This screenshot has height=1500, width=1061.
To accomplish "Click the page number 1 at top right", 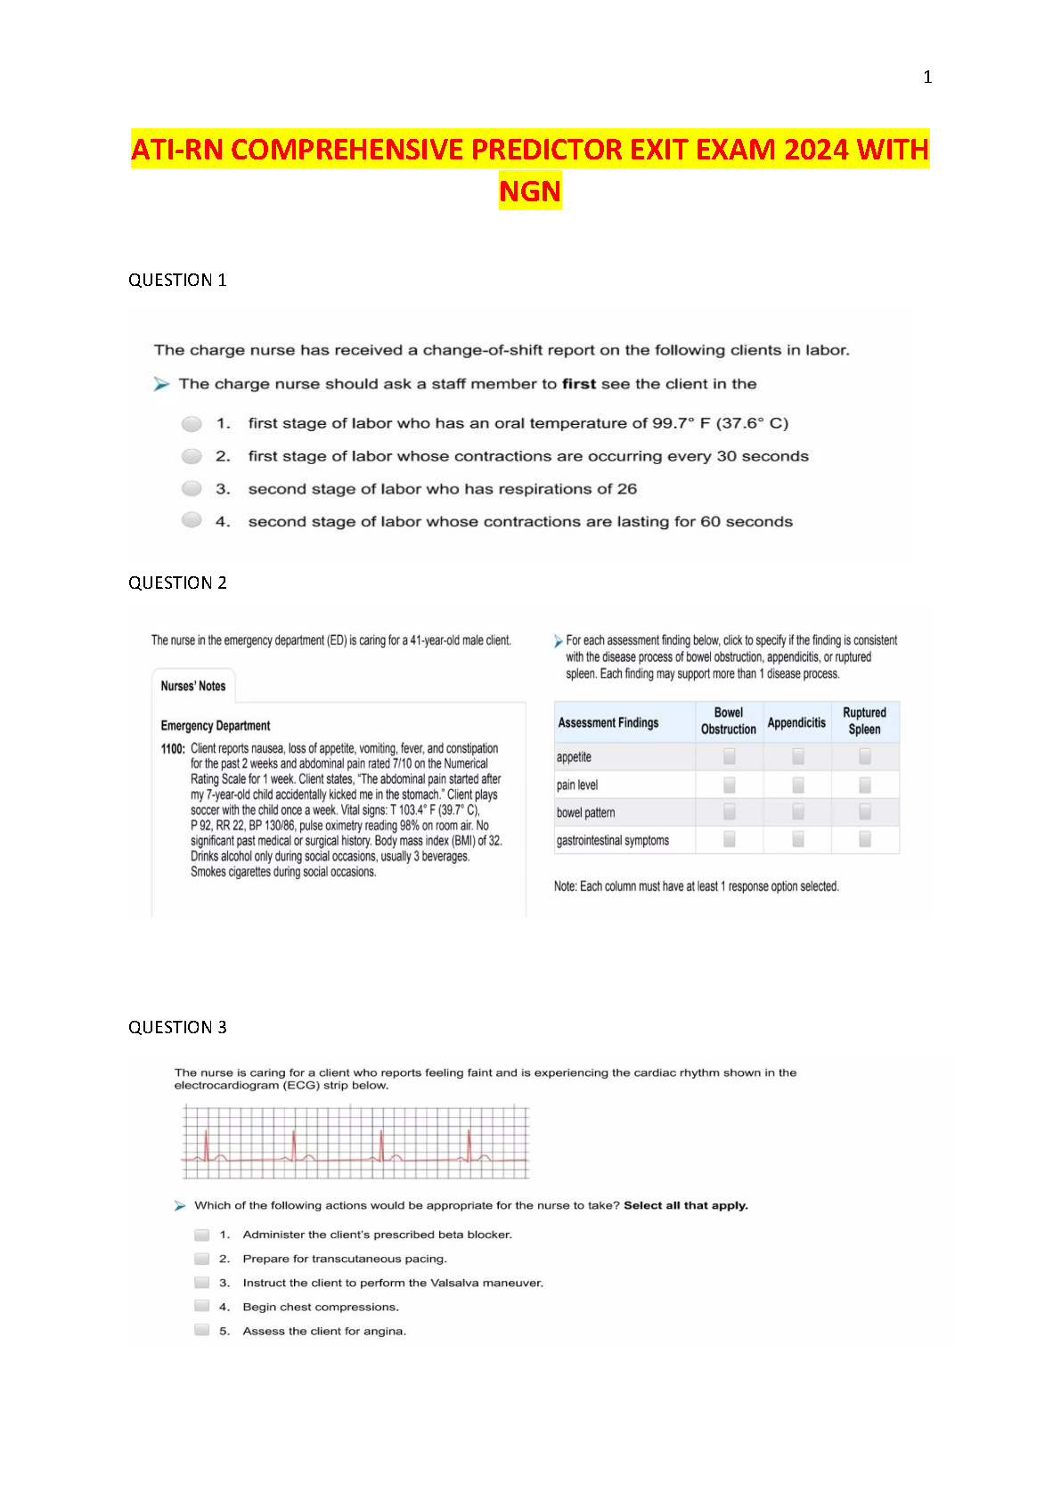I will tap(927, 77).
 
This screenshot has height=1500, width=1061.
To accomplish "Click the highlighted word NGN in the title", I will tap(530, 191).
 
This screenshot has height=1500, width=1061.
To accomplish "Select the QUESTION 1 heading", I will tap(177, 281).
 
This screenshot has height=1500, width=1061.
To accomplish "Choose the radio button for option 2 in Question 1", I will tap(192, 456).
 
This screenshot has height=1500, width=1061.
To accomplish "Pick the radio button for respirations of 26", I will tap(192, 488).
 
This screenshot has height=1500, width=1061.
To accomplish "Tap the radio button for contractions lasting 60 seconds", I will tap(192, 520).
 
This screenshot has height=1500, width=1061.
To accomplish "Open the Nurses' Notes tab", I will tap(193, 686).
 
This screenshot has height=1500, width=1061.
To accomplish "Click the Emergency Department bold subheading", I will tap(216, 726).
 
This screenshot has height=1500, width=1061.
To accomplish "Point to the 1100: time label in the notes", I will tap(173, 749).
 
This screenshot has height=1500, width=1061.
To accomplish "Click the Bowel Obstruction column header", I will tap(728, 721).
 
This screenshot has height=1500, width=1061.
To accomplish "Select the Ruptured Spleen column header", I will tap(864, 721).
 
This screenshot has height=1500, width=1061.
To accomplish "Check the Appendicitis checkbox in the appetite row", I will tap(798, 756).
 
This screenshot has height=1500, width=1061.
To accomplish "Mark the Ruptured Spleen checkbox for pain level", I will tap(865, 785).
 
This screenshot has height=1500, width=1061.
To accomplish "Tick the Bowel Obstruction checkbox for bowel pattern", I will tap(730, 811).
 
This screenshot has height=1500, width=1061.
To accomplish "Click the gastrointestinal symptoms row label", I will tap(613, 840).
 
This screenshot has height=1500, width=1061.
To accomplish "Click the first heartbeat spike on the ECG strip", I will tap(206, 1145).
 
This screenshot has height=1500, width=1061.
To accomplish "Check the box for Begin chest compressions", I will tap(202, 1306).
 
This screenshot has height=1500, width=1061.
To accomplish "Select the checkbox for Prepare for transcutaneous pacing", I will tap(202, 1259).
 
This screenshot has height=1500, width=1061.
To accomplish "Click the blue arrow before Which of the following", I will tap(180, 1206).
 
